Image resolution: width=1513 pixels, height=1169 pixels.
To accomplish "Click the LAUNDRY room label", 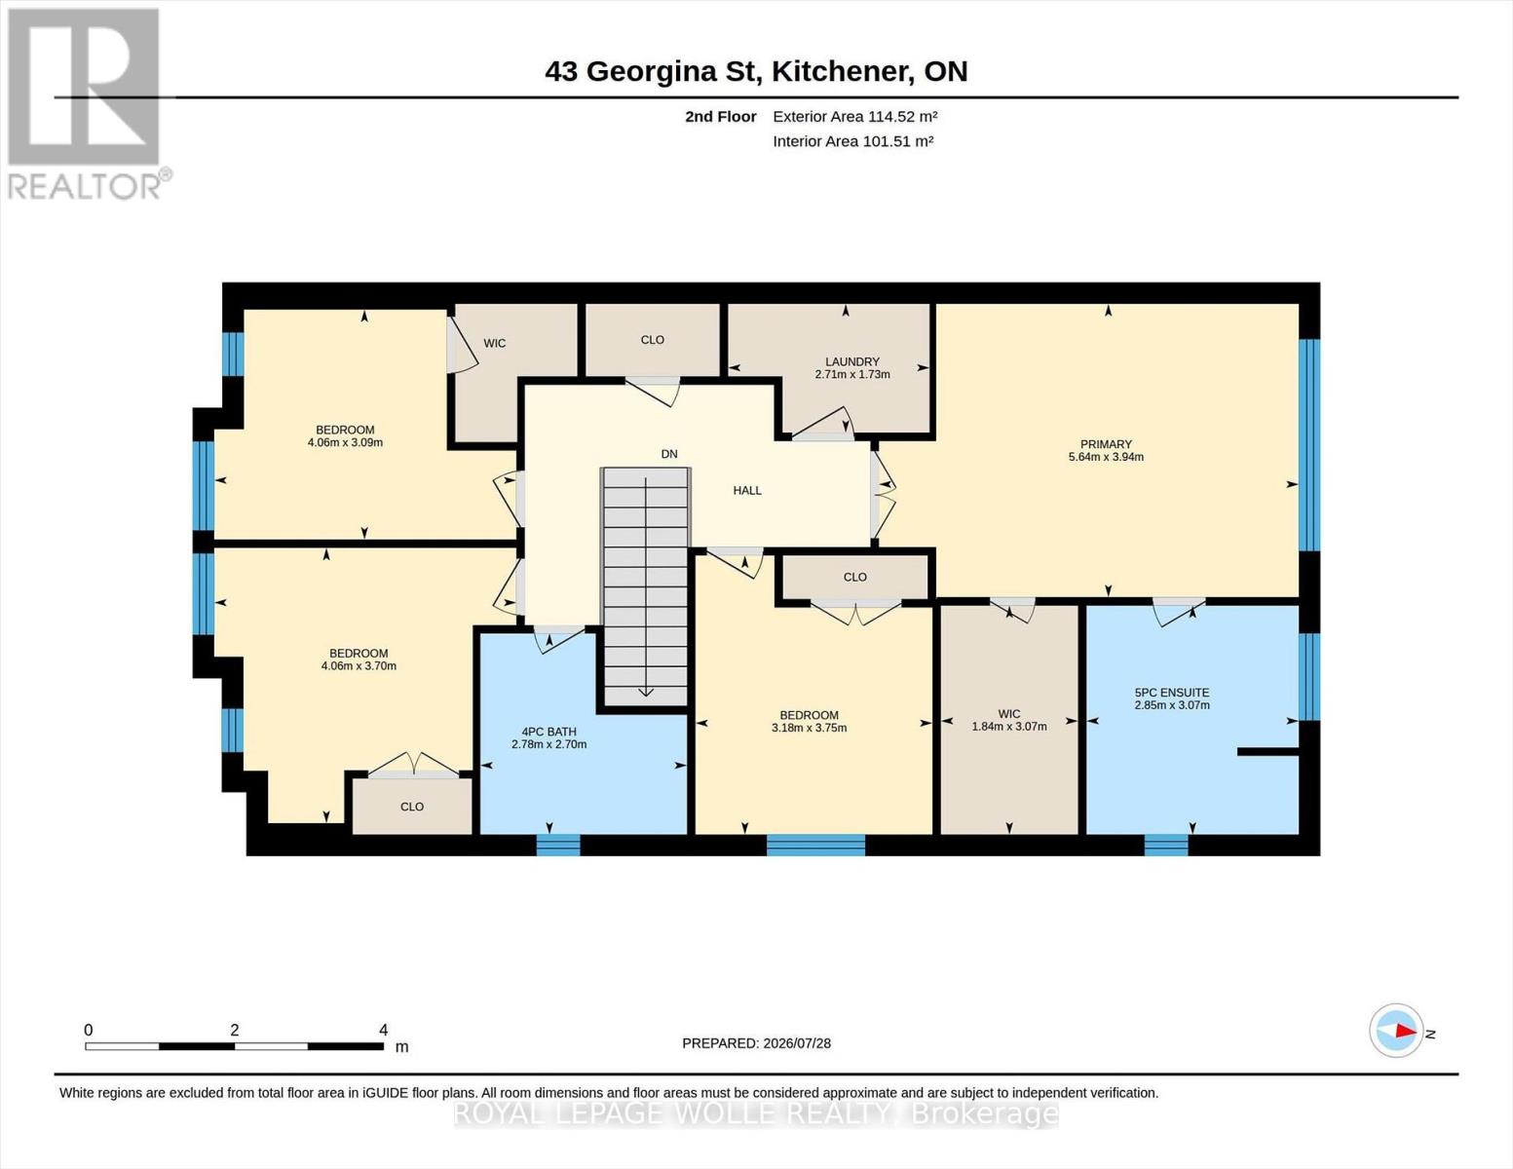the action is click(x=852, y=362).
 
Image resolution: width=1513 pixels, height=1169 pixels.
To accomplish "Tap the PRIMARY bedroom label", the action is click(x=1106, y=444).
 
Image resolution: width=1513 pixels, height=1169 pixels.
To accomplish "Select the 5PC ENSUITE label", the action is click(x=1172, y=693).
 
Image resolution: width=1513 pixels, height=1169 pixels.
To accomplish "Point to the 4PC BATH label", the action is click(x=548, y=732).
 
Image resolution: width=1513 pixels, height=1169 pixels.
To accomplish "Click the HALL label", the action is click(x=747, y=490).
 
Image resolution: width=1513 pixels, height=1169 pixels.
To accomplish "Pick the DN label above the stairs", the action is click(x=669, y=454).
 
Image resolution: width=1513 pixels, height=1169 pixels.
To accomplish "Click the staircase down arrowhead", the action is click(x=646, y=692).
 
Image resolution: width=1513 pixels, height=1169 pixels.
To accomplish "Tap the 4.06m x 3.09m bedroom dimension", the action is click(x=345, y=442).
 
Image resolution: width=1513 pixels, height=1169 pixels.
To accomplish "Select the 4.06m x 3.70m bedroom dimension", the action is click(x=359, y=665).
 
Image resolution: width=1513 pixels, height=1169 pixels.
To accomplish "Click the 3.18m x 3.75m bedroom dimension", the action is click(x=809, y=728).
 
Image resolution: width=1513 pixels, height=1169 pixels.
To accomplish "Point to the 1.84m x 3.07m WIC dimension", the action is click(x=1009, y=726).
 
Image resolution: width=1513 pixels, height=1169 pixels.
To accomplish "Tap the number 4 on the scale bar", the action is click(x=383, y=1030).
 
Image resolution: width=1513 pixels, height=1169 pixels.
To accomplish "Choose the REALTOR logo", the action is click(x=87, y=104).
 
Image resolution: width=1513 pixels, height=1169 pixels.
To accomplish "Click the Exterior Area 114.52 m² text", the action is click(x=855, y=116).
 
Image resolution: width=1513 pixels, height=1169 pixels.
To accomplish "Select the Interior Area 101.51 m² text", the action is click(x=852, y=141).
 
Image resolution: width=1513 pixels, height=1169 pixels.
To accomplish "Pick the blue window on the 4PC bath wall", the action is click(x=557, y=845).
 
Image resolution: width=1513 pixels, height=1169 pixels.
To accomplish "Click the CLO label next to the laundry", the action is click(x=653, y=340).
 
